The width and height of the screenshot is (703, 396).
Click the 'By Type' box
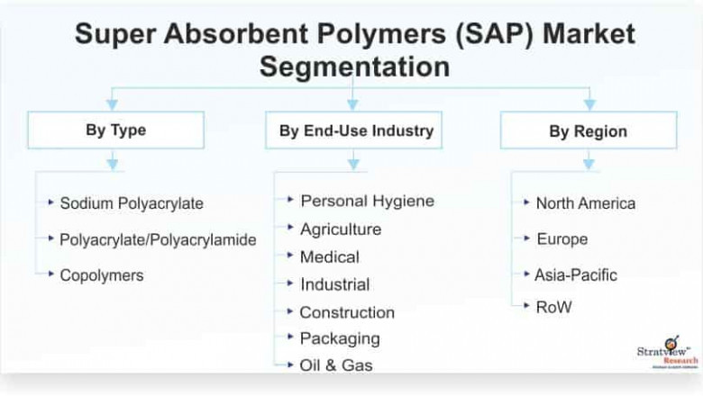(x=115, y=130)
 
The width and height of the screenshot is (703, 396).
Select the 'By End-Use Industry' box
(x=353, y=130)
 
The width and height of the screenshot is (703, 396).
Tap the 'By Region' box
(x=589, y=130)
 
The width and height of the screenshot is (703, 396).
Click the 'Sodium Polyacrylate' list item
(x=132, y=203)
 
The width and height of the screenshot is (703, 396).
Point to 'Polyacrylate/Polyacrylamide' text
(x=158, y=239)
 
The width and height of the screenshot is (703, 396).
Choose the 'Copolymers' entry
(x=102, y=275)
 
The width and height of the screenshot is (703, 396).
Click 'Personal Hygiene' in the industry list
(x=367, y=201)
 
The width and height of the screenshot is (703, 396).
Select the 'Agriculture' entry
(x=341, y=229)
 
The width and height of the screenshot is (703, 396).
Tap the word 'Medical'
(x=330, y=256)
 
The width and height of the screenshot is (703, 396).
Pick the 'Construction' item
(x=347, y=312)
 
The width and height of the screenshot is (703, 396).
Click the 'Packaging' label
(x=340, y=338)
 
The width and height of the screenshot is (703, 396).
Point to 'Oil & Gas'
(x=336, y=365)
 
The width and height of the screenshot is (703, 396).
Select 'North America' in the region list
(x=586, y=203)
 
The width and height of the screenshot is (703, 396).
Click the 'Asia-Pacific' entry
(x=576, y=274)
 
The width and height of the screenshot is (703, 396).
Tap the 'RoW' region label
(x=553, y=307)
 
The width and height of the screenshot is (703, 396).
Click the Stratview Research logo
(x=668, y=352)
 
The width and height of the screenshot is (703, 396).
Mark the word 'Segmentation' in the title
(x=354, y=67)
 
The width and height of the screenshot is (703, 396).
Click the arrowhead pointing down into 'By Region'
(x=589, y=104)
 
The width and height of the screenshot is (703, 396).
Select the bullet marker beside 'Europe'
(x=527, y=238)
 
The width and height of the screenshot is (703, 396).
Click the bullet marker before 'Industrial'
(x=290, y=283)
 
